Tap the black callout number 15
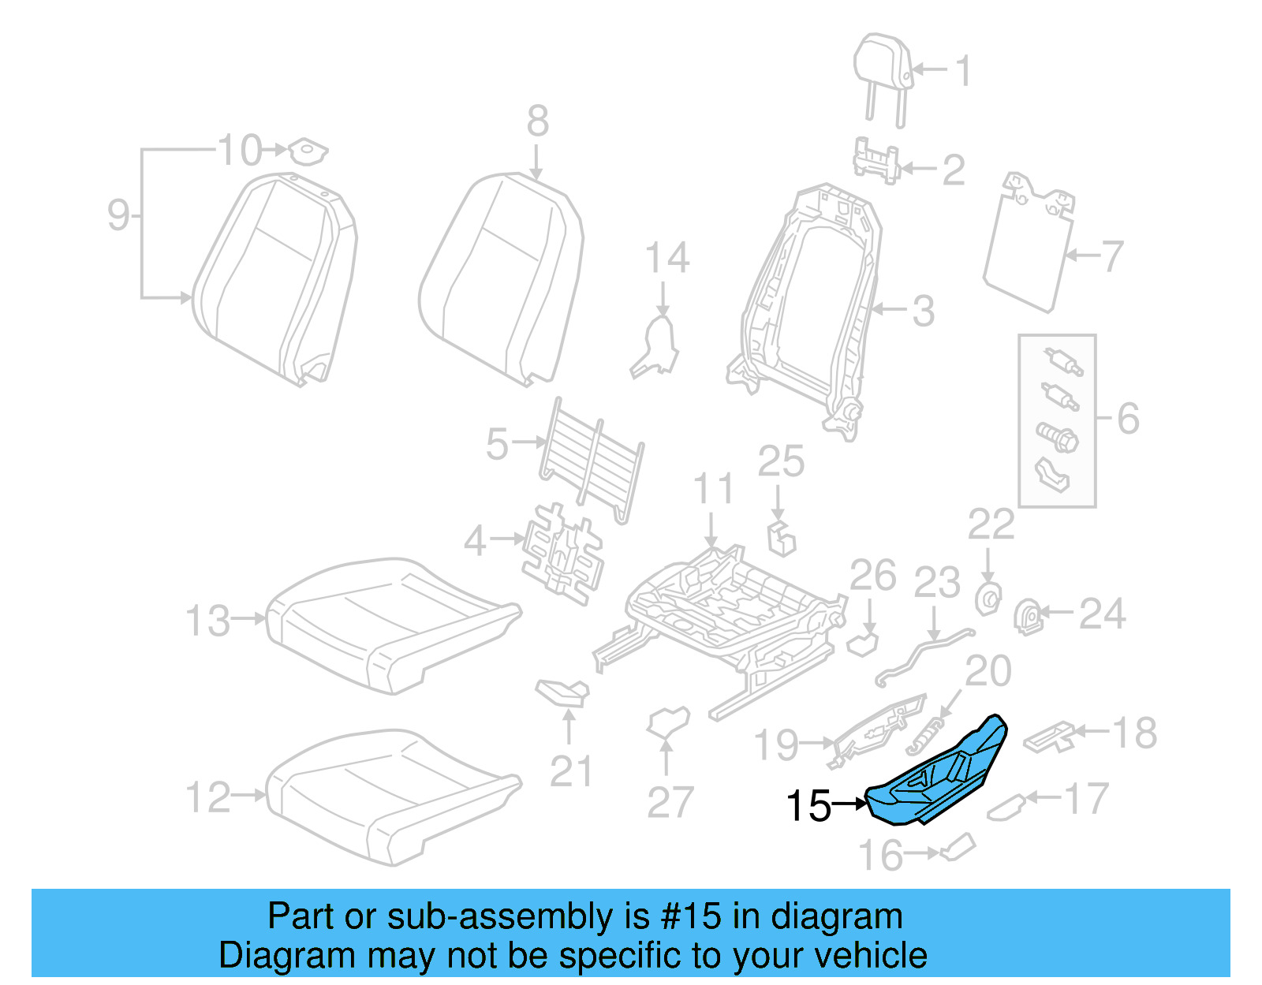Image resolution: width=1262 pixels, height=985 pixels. (x=808, y=806)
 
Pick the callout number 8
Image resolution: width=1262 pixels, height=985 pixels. (x=538, y=122)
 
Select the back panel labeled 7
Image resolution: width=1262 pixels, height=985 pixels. (x=1029, y=244)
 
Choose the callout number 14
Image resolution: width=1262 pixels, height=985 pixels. (x=667, y=258)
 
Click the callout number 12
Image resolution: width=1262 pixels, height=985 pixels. (x=208, y=797)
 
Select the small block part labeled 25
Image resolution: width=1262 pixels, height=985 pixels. (x=782, y=539)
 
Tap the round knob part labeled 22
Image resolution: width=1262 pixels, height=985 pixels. (x=988, y=599)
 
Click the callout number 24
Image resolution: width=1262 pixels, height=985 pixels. (x=1102, y=614)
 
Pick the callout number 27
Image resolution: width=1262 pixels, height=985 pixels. (x=670, y=803)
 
